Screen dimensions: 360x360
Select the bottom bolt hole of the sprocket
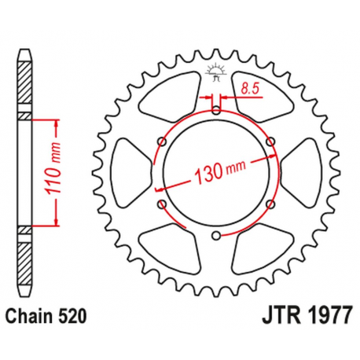215,235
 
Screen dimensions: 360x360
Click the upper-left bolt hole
162,141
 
